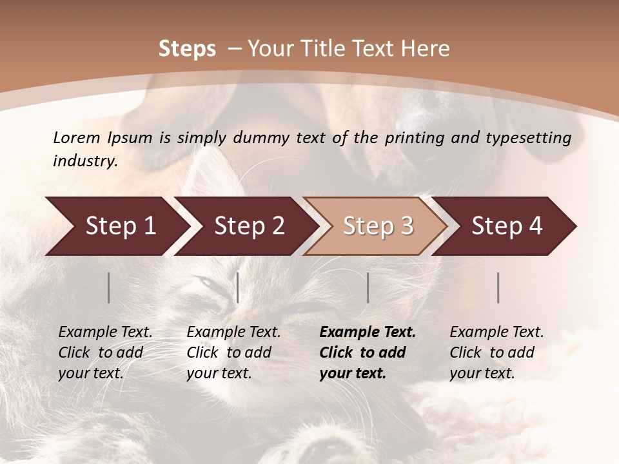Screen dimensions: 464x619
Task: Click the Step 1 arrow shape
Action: coord(116,226)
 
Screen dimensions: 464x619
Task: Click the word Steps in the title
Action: coord(187,49)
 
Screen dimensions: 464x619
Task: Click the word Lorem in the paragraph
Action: coord(75,137)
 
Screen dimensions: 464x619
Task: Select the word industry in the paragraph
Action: coord(84,161)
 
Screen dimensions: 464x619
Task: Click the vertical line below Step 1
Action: coord(109,287)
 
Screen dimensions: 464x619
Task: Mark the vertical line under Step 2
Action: coord(238,287)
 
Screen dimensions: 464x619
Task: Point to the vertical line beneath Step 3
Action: coord(368,287)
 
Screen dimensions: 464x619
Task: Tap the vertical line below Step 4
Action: coord(498,287)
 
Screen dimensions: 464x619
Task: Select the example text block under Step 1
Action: coord(105,353)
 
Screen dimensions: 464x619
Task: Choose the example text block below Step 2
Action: coord(233,353)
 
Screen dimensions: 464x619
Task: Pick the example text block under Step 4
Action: coord(496,353)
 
